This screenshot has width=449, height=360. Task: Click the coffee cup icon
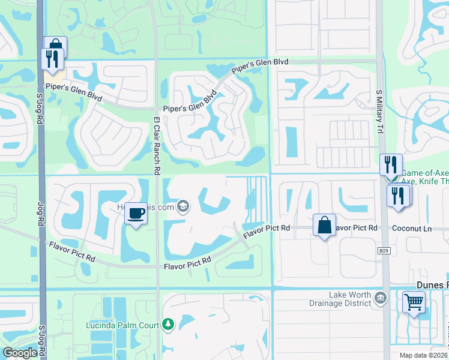pos(136,214)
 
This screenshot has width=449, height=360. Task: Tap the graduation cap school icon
pos(184,208)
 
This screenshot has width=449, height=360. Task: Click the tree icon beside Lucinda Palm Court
pos(168,325)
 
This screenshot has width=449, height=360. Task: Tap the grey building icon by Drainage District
pos(380,298)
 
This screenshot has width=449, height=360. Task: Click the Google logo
pos(20,353)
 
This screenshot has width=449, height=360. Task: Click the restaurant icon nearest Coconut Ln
pos(398,196)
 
